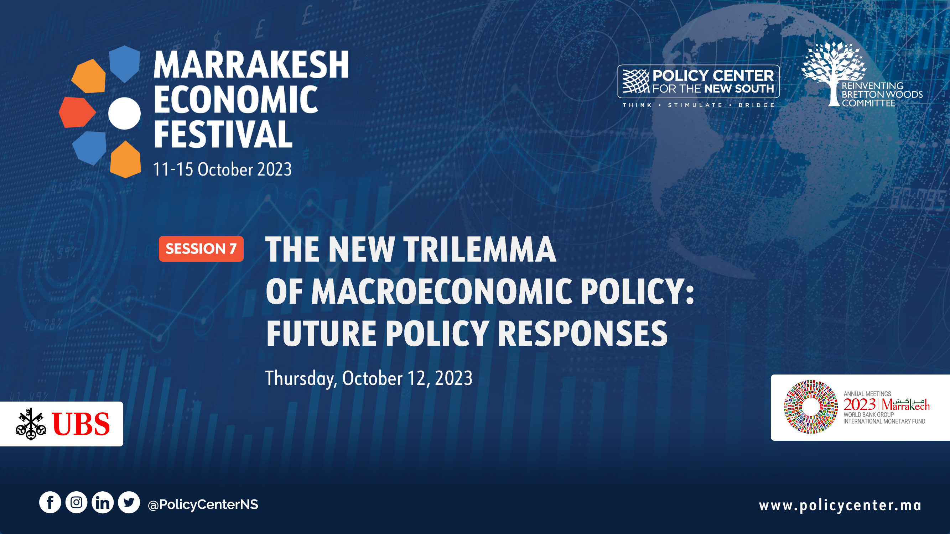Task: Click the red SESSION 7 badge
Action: [201, 249]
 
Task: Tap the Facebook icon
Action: [50, 502]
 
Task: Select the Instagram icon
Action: [76, 502]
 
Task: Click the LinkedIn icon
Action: [103, 502]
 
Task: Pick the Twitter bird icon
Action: [129, 502]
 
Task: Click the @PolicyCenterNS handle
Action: [203, 504]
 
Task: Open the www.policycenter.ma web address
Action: [840, 505]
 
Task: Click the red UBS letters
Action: [81, 424]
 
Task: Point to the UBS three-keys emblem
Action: [31, 424]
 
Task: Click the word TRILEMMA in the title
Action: [479, 250]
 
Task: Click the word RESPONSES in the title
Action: [583, 334]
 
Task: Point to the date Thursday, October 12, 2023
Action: [369, 378]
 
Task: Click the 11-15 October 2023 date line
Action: [222, 169]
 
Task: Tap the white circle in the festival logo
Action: [124, 113]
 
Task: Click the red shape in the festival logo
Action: [77, 112]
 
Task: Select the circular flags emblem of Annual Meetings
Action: [811, 407]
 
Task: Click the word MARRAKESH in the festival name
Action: [251, 64]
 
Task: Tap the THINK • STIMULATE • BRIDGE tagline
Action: [699, 105]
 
